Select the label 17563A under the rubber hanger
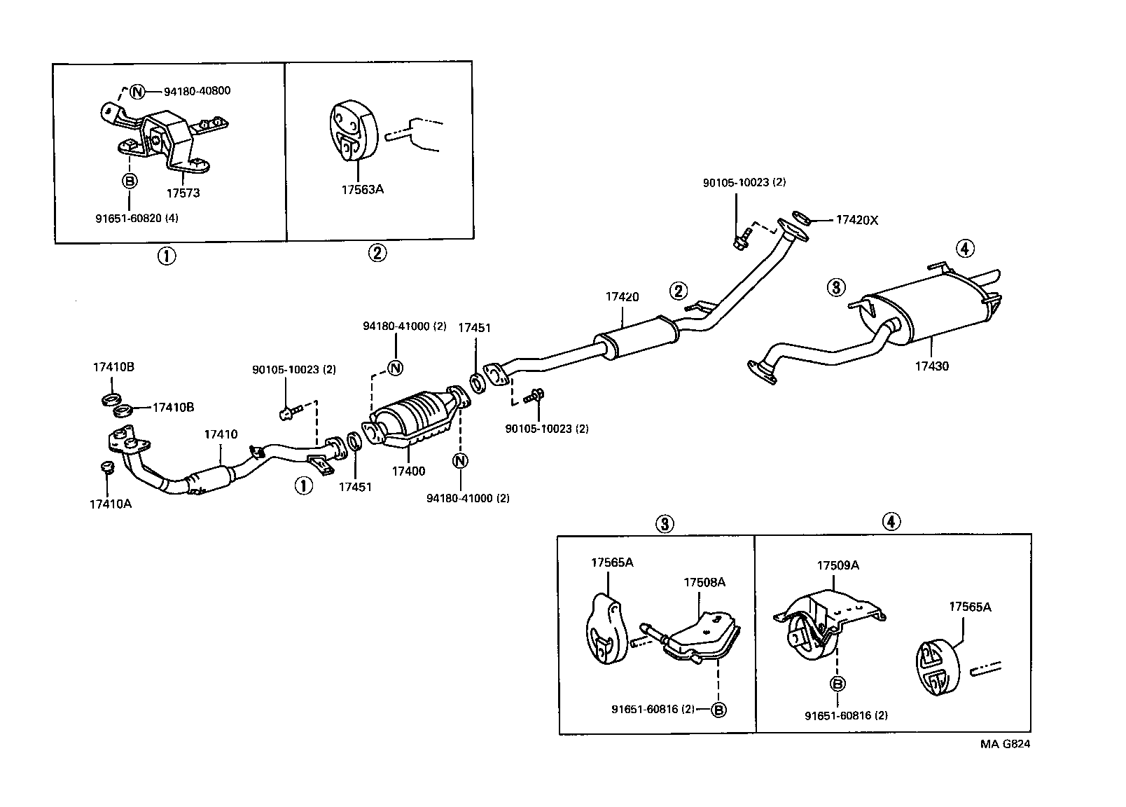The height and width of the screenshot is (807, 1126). [361, 189]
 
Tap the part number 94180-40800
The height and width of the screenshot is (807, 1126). [197, 91]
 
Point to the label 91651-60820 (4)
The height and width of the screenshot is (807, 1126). [137, 218]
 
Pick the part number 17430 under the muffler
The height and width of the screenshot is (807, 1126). [932, 366]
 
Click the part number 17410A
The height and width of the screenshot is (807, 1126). [110, 503]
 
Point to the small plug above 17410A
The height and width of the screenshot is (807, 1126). [106, 467]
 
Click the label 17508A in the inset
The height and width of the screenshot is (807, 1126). [704, 582]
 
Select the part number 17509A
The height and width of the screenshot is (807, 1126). [837, 565]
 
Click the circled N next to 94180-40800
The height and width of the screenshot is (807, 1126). [137, 92]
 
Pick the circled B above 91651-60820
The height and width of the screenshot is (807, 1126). [130, 181]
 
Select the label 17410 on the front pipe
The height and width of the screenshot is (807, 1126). [221, 434]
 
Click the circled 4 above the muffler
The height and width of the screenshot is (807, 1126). [964, 248]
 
